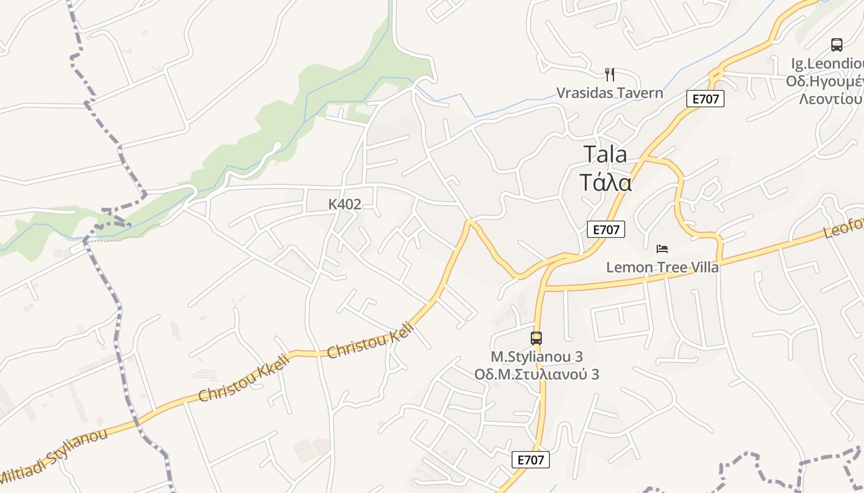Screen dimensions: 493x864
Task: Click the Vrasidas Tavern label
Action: (x=610, y=93)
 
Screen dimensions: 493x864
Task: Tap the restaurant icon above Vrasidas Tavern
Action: (x=610, y=75)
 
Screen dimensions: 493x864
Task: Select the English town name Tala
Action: (x=605, y=154)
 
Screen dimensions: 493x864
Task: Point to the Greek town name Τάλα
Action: (x=605, y=182)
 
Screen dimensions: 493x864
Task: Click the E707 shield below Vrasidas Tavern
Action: (x=705, y=99)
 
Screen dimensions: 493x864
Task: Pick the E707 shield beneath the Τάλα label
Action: (x=605, y=230)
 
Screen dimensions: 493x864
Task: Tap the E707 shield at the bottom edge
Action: (x=530, y=460)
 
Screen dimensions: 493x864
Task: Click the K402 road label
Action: (x=344, y=205)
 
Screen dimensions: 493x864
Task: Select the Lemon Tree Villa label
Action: (x=662, y=267)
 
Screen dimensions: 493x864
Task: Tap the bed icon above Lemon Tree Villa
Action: (x=662, y=249)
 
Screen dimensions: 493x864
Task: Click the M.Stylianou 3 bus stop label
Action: (x=536, y=357)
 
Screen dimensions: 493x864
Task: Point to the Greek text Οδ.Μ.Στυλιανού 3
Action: (x=536, y=374)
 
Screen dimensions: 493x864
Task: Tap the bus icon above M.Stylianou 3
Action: (x=536, y=338)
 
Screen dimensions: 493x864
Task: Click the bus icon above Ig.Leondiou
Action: (x=837, y=45)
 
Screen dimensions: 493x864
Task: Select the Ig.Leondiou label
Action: (x=827, y=63)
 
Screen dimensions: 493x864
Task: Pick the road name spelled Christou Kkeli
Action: (x=244, y=378)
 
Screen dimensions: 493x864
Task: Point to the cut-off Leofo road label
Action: (x=844, y=229)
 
